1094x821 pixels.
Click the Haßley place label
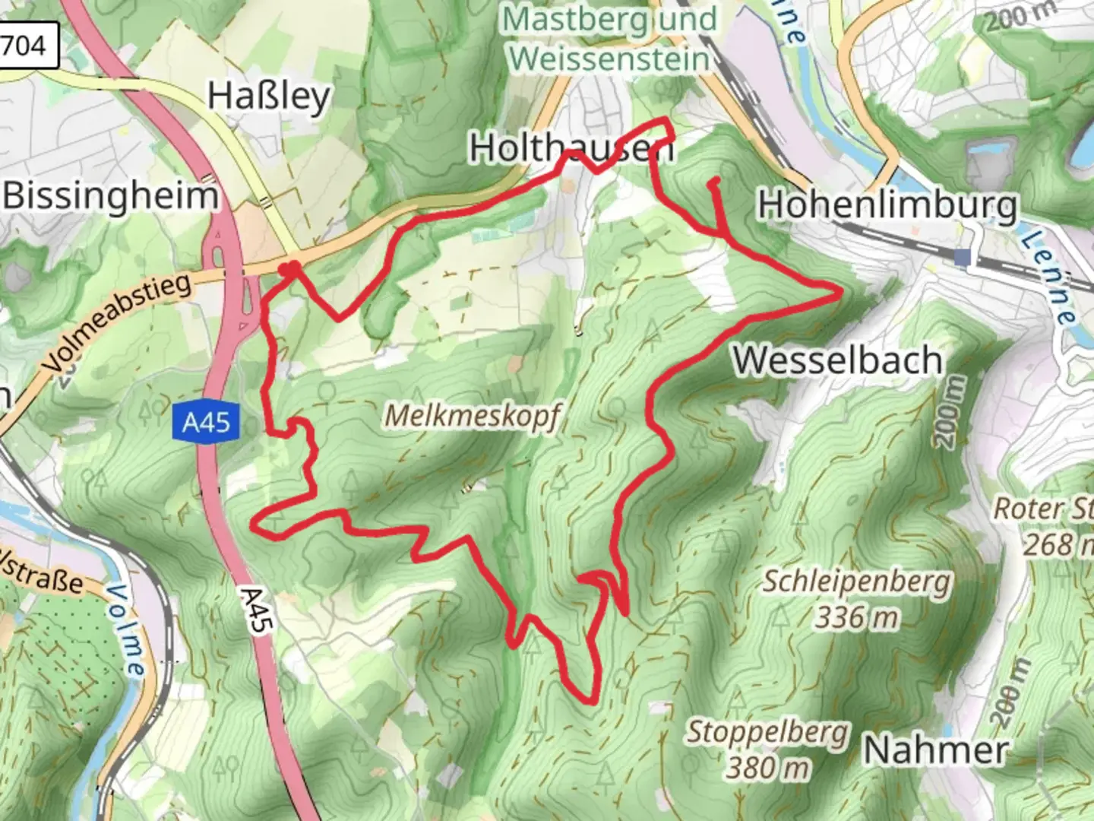tap(269, 97)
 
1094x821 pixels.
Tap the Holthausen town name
tap(571, 147)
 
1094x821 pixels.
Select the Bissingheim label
tap(111, 196)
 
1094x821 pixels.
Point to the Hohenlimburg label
tap(887, 205)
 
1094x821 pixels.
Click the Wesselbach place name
tap(837, 360)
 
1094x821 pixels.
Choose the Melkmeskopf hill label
tap(473, 416)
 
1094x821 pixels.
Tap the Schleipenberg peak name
tap(856, 582)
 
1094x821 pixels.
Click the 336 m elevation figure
tap(856, 618)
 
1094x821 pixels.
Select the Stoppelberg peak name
tap(767, 733)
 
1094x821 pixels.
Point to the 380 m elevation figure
tap(767, 768)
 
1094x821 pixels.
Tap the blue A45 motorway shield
tap(206, 421)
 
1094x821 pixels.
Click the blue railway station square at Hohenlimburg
tap(963, 258)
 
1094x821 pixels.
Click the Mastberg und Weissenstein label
tap(609, 38)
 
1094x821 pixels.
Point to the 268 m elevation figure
tap(1056, 544)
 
